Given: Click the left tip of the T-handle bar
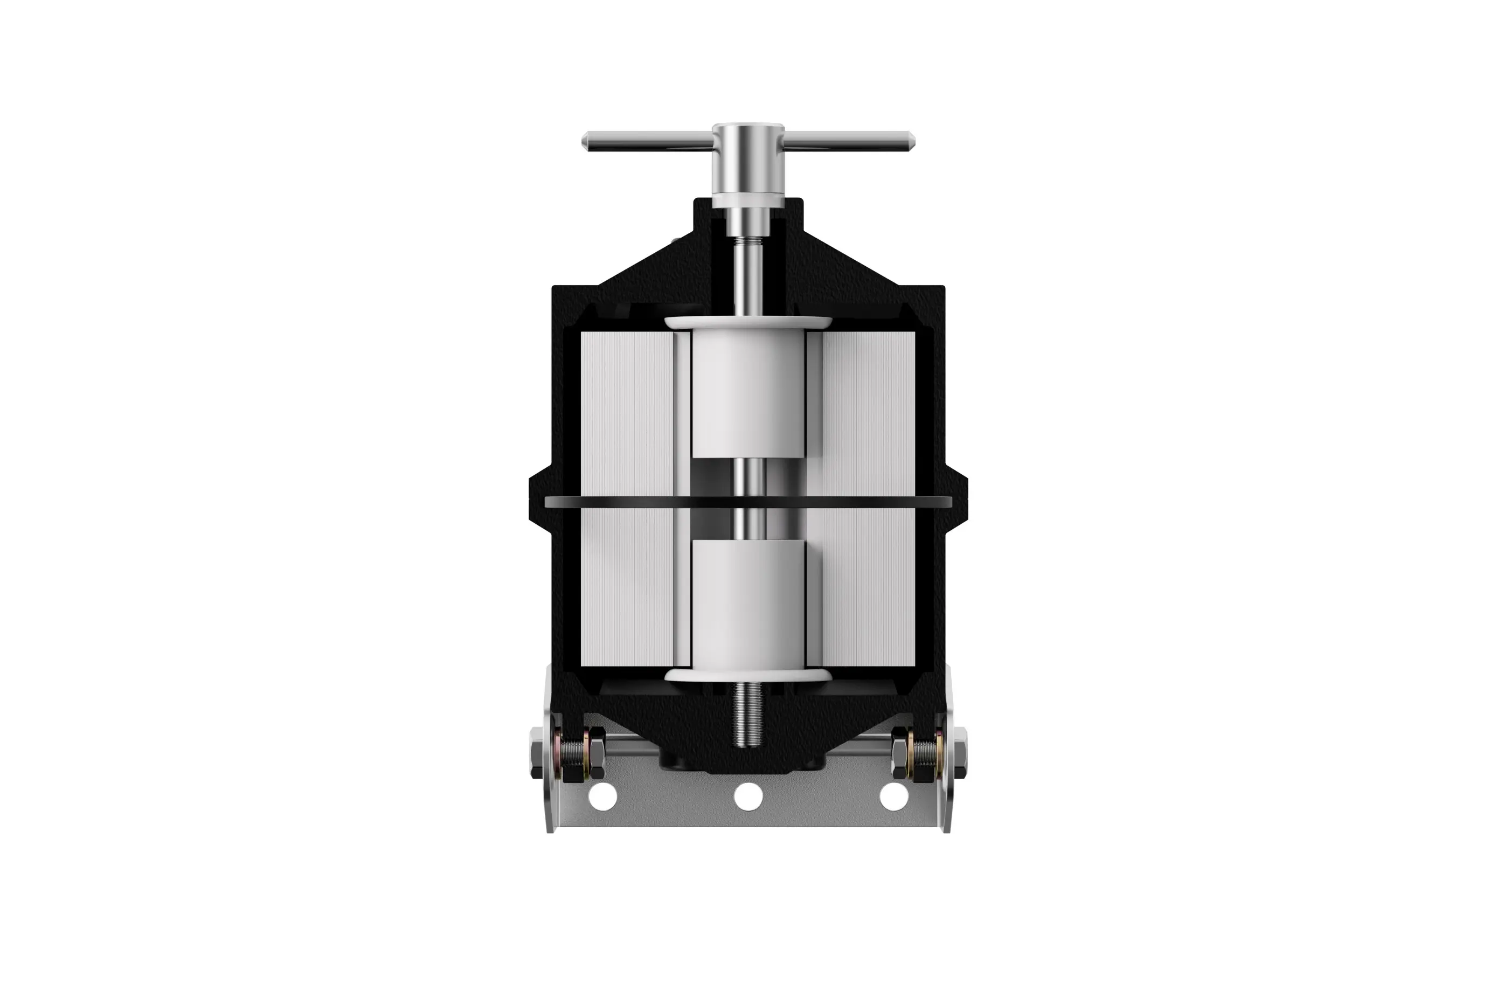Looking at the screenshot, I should (586, 141).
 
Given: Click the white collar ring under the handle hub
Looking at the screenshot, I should (748, 201).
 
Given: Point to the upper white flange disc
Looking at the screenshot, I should (748, 323).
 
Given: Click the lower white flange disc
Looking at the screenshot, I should (748, 675).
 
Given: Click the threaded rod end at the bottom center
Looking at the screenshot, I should (749, 719).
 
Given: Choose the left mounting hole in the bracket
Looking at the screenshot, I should (603, 796).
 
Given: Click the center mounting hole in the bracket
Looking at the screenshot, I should (748, 796).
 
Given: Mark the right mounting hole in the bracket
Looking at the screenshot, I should (893, 796).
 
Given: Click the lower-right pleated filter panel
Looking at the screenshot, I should (869, 586).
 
